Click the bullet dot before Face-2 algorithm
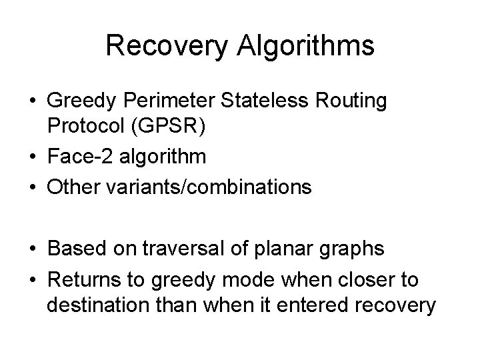(x=32, y=157)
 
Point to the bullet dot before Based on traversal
(x=32, y=249)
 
